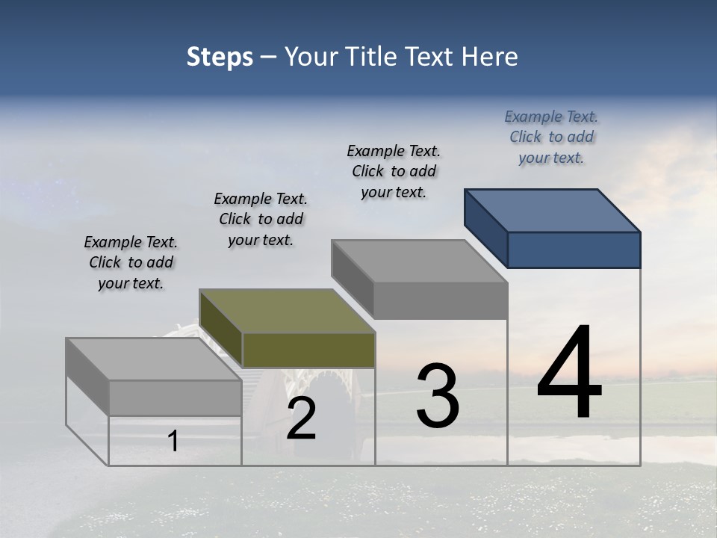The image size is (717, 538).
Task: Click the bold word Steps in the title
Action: [220, 57]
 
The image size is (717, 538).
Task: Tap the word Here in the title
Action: [490, 57]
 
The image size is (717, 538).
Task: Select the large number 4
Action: [569, 374]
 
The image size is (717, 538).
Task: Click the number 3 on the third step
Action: [438, 397]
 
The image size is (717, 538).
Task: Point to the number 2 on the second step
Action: [301, 419]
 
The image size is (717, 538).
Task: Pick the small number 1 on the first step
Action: [173, 441]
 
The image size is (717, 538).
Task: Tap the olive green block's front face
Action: [308, 350]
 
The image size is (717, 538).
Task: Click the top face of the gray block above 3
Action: [418, 262]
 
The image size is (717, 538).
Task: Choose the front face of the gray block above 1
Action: [175, 398]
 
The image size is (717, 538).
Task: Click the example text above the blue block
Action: [551, 137]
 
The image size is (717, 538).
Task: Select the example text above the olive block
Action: [261, 219]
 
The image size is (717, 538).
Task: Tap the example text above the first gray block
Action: [131, 262]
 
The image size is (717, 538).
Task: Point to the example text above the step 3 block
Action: [394, 171]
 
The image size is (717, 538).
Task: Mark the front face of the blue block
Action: [574, 250]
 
